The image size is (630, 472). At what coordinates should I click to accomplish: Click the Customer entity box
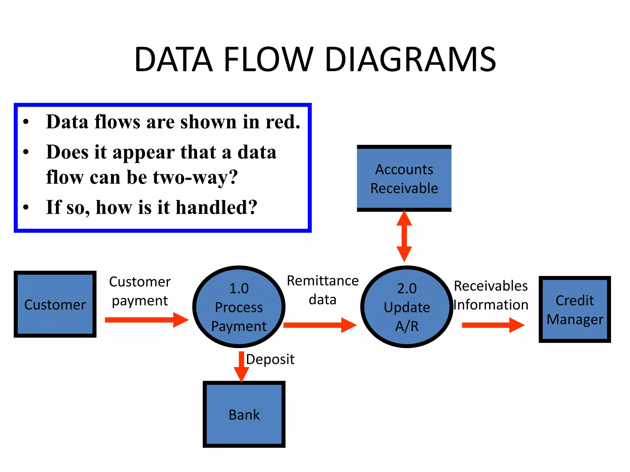[x=55, y=304]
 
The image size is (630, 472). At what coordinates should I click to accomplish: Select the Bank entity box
[x=244, y=414]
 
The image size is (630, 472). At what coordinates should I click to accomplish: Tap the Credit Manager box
[x=575, y=309]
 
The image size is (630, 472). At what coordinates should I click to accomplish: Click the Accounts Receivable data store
[x=404, y=179]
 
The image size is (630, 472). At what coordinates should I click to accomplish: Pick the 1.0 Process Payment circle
[x=239, y=307]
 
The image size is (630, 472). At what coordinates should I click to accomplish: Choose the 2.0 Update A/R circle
[x=407, y=307]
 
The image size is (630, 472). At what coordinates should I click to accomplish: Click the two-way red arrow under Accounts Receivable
[x=404, y=236]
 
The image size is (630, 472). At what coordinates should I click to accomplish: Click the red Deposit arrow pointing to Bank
[x=241, y=366]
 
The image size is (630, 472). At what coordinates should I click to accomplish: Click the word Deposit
[x=270, y=360]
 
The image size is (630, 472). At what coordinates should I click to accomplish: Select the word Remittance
[x=323, y=281]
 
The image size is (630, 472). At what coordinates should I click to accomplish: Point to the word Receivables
[x=491, y=286]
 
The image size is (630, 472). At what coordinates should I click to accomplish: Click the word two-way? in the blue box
[x=195, y=178]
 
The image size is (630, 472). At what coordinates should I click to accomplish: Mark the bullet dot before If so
[x=26, y=207]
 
